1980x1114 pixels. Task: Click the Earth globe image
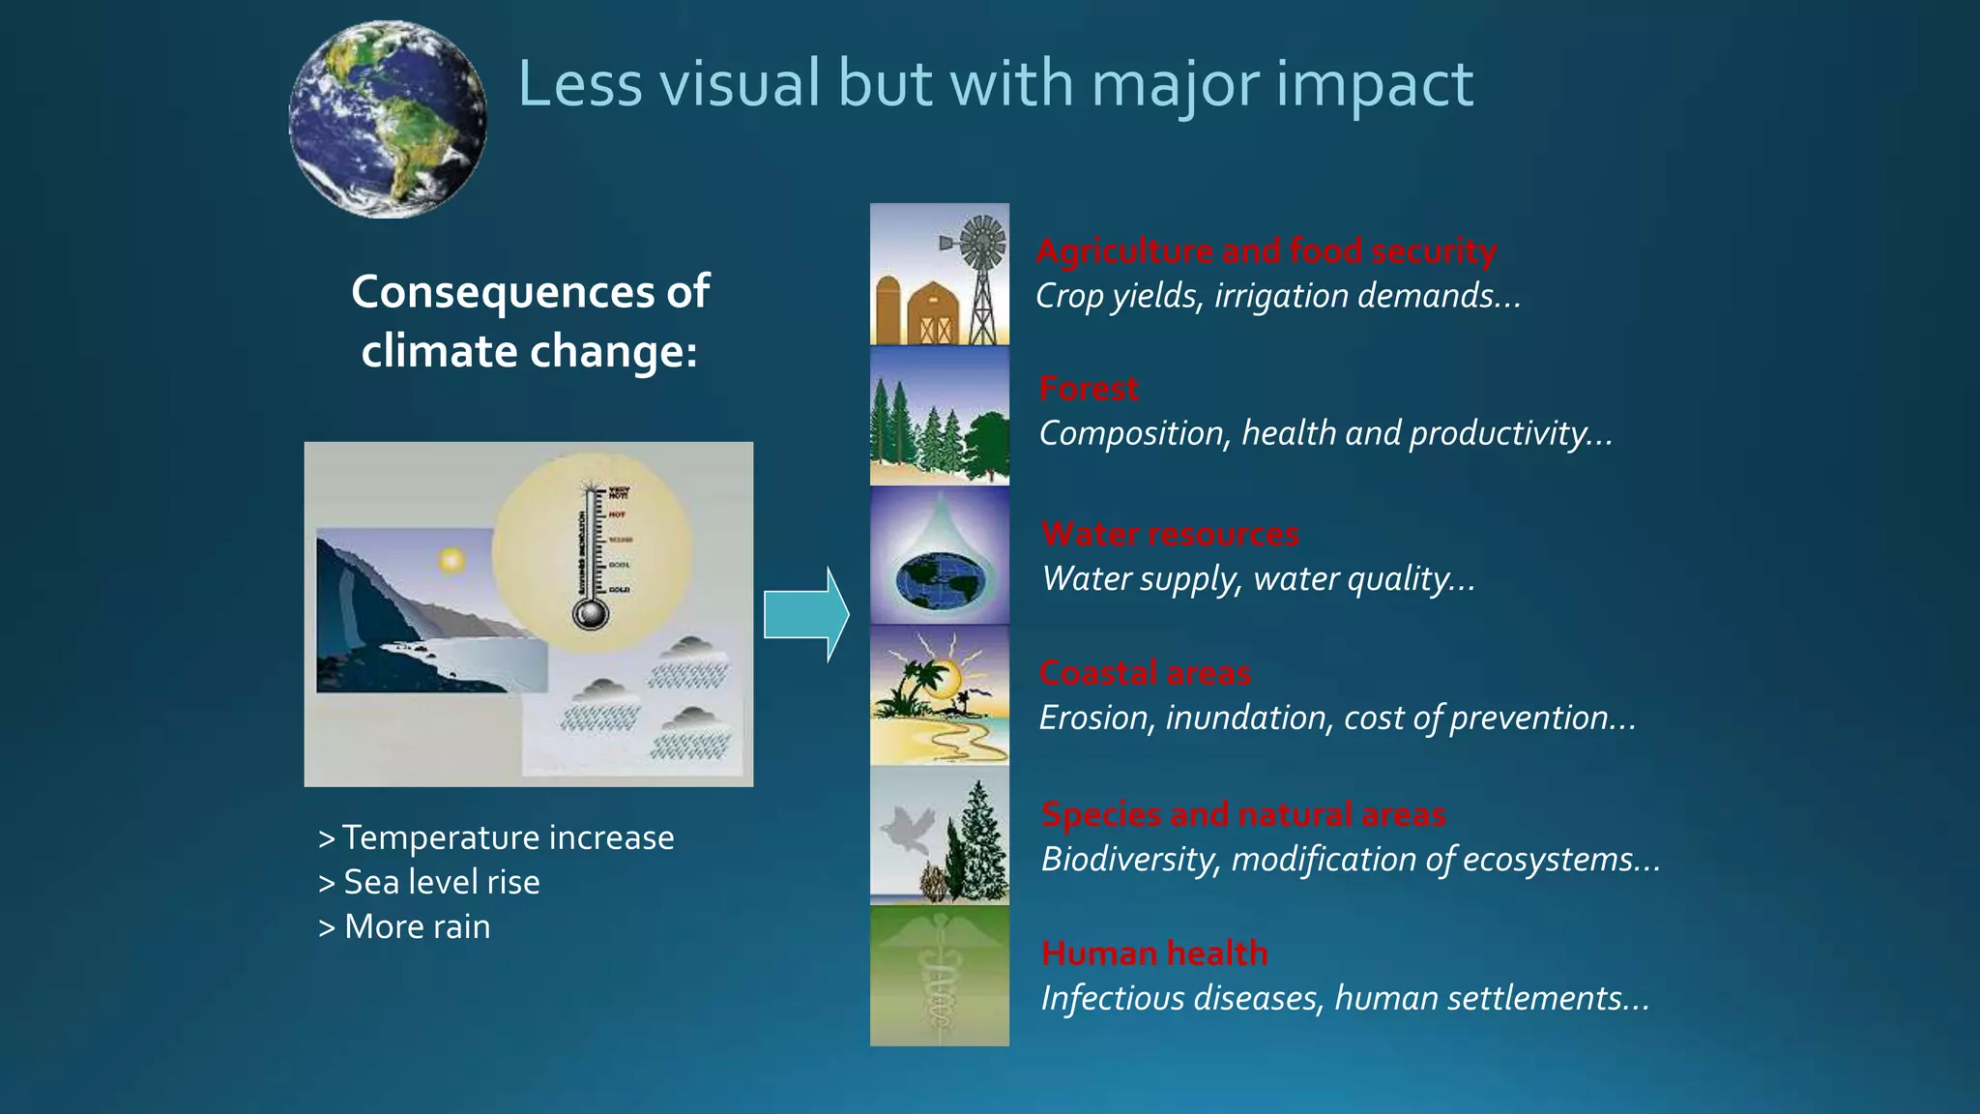tap(388, 119)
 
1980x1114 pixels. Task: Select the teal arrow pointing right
tap(805, 615)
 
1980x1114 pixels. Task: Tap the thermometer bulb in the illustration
tap(590, 614)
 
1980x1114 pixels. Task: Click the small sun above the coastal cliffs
tap(451, 561)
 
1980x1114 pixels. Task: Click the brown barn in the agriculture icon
tap(933, 311)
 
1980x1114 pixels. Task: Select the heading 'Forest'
tap(1089, 389)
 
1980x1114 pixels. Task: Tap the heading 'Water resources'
tap(1170, 534)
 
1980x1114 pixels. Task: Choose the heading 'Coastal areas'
tap(1145, 673)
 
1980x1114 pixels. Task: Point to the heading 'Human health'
tap(1154, 953)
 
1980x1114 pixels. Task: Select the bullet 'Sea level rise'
tap(441, 882)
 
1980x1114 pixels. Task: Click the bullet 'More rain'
tap(417, 926)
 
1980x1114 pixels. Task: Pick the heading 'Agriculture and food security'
tap(1267, 251)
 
